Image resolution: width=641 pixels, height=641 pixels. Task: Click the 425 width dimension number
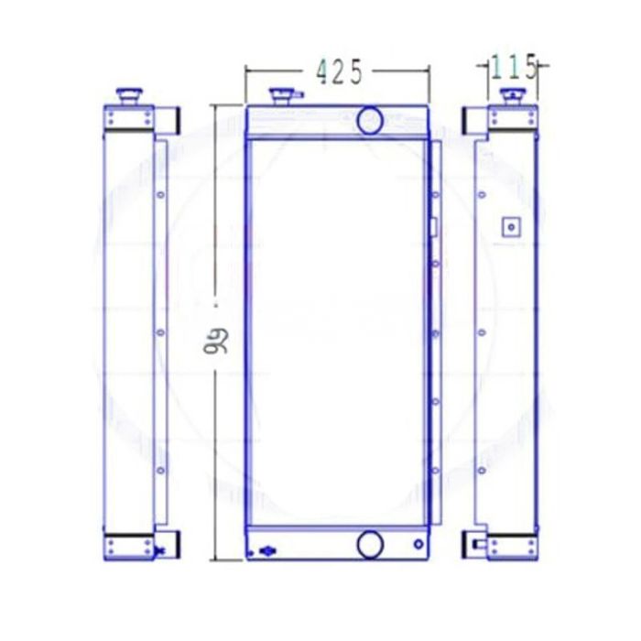point(340,71)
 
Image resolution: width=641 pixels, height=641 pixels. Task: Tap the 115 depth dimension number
point(510,67)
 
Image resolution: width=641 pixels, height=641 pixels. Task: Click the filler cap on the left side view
point(128,95)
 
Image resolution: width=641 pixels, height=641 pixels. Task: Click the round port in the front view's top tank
point(370,119)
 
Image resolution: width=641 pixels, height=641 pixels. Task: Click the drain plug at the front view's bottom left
point(266,552)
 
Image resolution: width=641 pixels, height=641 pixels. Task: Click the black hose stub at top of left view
point(170,119)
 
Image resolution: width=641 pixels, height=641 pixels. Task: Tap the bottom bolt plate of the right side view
point(510,548)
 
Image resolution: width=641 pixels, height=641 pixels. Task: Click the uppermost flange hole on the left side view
point(160,194)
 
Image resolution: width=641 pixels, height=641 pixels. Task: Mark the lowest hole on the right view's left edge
point(482,471)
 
